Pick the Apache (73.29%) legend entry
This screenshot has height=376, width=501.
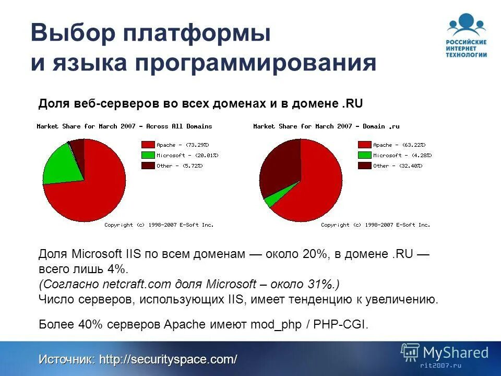coord(174,145)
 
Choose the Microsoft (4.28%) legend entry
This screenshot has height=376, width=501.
coord(395,155)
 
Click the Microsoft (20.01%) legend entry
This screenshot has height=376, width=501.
coord(180,155)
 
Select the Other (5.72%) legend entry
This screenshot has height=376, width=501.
coord(172,166)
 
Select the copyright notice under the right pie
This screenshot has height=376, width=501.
coord(376,225)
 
